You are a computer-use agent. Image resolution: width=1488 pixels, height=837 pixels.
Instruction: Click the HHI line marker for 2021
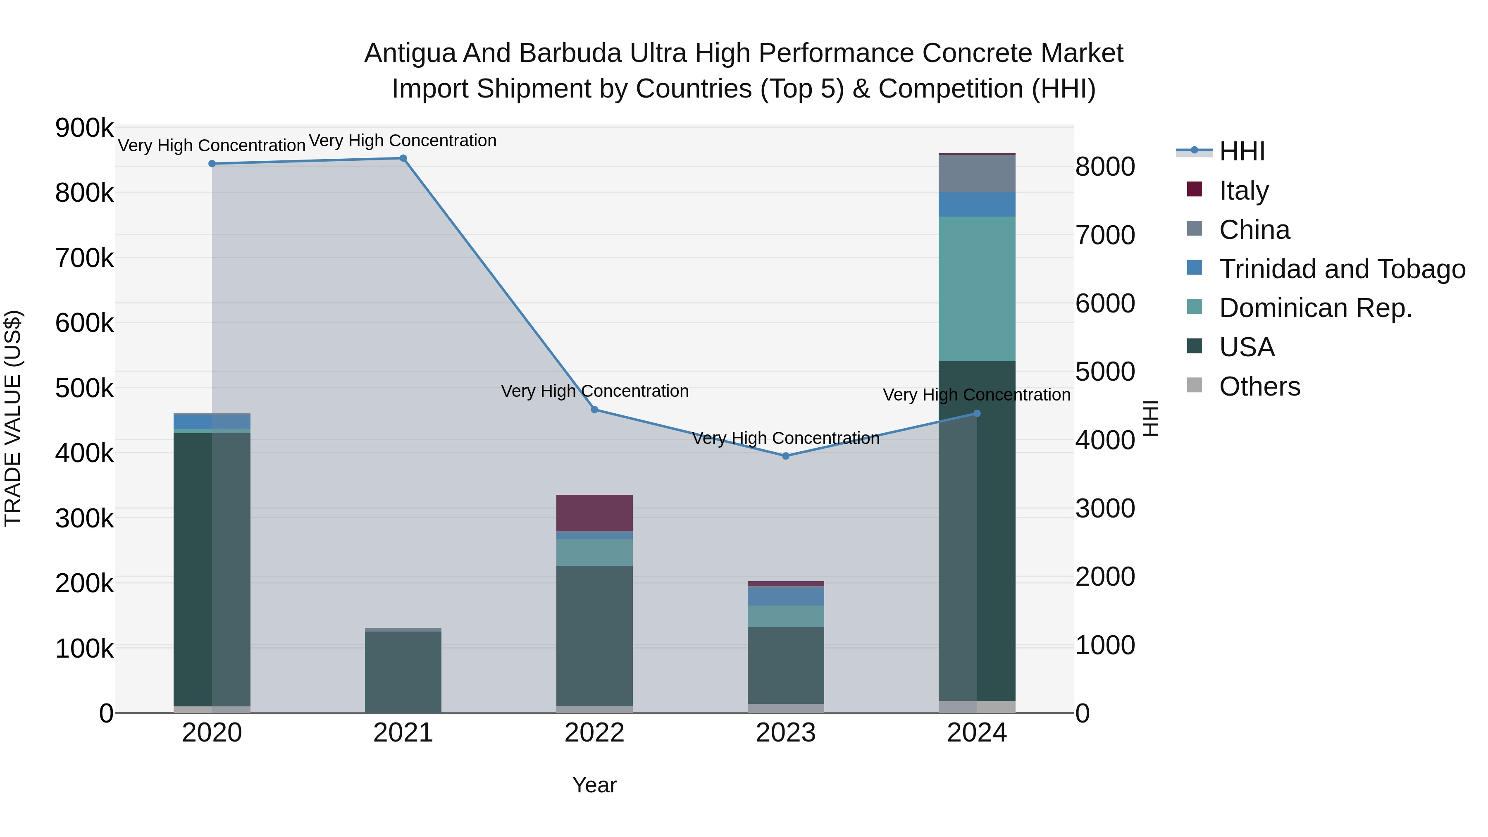point(403,158)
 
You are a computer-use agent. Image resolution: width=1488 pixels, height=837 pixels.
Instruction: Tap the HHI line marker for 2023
point(786,456)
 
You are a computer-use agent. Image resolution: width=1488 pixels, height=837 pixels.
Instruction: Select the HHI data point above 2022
point(594,410)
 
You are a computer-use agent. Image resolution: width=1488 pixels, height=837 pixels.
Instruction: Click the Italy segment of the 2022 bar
point(594,513)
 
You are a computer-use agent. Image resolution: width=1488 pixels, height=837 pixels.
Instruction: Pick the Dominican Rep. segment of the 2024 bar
point(977,289)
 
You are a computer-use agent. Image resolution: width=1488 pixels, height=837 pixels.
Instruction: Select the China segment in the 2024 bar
point(977,173)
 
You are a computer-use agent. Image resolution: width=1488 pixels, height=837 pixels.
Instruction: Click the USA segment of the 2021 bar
point(403,671)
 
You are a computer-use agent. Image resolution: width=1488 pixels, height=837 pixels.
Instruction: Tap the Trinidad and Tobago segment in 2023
point(786,596)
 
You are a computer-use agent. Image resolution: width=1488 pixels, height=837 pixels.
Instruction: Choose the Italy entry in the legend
point(1244,191)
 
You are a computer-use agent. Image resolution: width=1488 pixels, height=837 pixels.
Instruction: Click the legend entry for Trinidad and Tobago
point(1342,269)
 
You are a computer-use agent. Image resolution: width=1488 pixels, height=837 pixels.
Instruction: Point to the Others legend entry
point(1259,386)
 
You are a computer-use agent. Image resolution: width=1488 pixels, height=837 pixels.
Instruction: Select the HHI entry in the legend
point(1242,151)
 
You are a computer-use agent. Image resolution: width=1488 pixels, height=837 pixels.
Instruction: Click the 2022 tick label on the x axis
point(594,733)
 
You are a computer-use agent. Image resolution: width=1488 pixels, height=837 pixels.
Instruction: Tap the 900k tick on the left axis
point(84,128)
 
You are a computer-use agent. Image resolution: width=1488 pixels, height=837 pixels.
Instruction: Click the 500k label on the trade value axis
point(84,388)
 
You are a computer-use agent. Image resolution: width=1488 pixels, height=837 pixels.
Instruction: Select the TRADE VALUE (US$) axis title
point(13,418)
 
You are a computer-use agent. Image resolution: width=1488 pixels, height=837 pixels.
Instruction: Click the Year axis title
point(594,785)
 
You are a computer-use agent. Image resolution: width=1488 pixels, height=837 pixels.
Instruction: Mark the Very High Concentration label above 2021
point(403,141)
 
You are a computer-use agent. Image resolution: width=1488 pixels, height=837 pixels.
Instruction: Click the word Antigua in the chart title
point(410,53)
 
